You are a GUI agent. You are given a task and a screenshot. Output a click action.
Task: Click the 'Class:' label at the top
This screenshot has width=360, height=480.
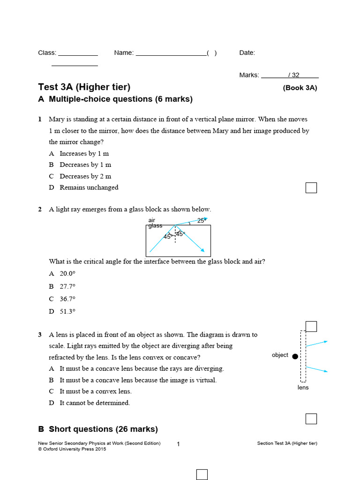[47, 53]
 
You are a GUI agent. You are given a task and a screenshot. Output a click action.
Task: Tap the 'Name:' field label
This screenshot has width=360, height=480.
[124, 53]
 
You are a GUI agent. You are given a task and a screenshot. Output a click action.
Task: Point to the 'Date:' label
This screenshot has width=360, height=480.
[247, 53]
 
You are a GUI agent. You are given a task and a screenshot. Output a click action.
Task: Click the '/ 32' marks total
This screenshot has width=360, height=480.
[294, 75]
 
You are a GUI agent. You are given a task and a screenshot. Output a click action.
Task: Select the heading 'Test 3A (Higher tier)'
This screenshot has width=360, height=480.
[84, 87]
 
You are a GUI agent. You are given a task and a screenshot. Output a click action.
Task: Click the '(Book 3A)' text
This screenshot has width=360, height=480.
[300, 88]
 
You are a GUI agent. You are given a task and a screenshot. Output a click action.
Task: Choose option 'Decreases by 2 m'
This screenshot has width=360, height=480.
[85, 176]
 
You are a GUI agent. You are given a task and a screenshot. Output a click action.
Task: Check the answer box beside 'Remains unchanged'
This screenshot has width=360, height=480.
[311, 188]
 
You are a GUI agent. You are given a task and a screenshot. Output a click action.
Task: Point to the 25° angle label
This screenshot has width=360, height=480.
[201, 220]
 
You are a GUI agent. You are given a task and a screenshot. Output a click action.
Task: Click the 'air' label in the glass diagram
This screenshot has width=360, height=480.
[152, 220]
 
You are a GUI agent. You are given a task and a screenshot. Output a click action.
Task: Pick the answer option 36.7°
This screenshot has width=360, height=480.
[67, 299]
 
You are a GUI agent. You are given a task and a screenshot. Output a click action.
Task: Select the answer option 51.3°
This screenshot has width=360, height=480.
[67, 310]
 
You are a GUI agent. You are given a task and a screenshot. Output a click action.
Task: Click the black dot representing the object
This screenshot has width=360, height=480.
[295, 356]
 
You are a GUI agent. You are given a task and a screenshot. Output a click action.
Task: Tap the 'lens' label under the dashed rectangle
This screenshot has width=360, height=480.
[303, 388]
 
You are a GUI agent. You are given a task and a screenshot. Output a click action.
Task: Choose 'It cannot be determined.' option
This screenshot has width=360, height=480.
[94, 403]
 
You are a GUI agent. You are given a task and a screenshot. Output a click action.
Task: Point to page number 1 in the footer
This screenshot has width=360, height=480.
[178, 444]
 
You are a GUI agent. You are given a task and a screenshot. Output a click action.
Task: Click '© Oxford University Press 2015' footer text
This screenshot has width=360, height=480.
[72, 449]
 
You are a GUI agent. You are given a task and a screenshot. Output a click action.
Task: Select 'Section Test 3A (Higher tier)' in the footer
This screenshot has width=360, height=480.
[287, 443]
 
